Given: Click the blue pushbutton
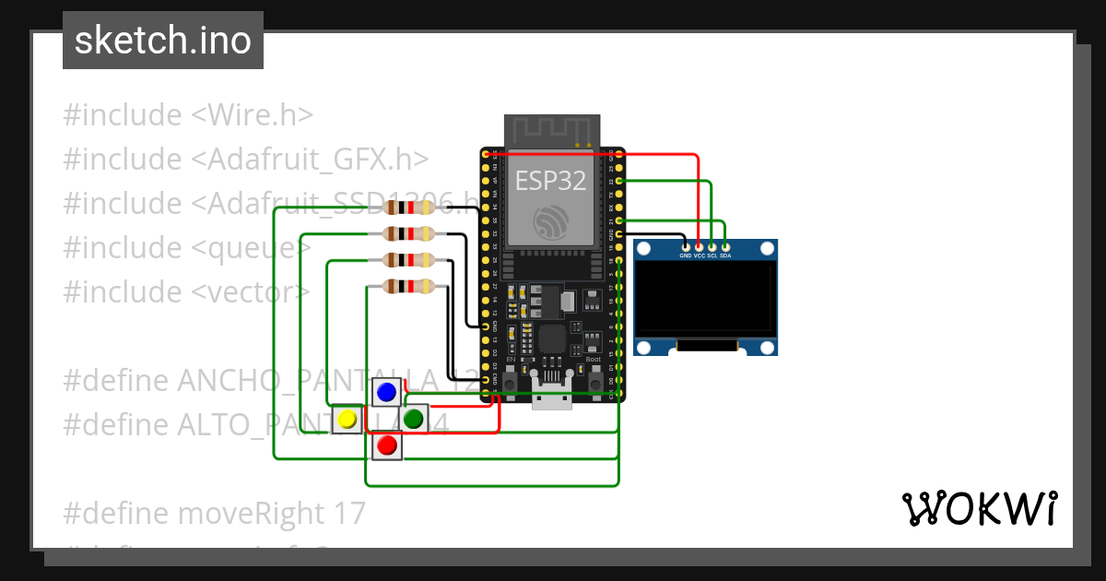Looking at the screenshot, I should [387, 392].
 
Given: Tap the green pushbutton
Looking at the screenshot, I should [414, 419].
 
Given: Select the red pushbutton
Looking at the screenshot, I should [387, 446].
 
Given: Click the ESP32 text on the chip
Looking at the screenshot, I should [551, 181].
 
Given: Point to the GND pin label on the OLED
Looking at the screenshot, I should [685, 255].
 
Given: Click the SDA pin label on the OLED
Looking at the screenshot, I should [725, 255].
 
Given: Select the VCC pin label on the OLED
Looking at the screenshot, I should [699, 255].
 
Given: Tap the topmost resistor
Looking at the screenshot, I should [408, 207].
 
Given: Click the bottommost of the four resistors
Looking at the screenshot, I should [408, 287].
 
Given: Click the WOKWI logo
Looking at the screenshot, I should [978, 508].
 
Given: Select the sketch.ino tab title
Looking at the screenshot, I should [163, 41].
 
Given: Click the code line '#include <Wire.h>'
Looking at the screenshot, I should [189, 115].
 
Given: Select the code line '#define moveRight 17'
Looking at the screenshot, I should [215, 513].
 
